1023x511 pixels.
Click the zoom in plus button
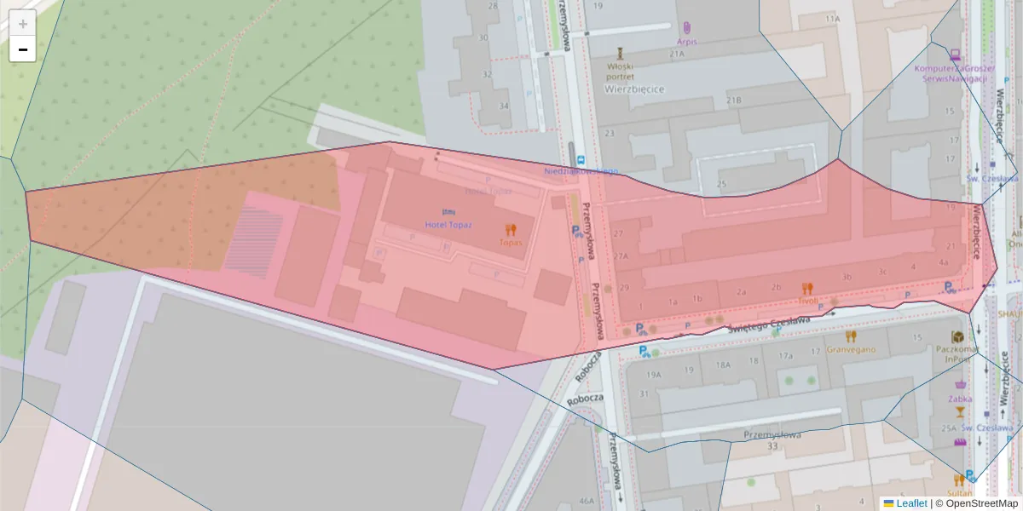(x=23, y=24)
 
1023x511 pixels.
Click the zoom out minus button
(x=23, y=49)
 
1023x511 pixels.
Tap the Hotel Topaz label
(x=448, y=225)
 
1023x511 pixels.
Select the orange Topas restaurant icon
(x=511, y=229)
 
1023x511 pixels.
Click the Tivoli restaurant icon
(x=807, y=289)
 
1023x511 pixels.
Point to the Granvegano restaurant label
(x=852, y=349)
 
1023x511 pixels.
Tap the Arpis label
(x=687, y=41)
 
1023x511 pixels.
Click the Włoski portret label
(x=621, y=71)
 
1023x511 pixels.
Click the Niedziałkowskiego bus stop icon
(x=581, y=159)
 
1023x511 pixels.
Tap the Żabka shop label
(x=959, y=398)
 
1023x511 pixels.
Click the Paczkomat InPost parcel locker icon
(x=958, y=336)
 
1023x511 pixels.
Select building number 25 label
(x=722, y=184)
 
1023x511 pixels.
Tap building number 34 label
(x=504, y=106)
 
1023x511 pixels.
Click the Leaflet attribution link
(x=911, y=503)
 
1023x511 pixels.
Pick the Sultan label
(x=959, y=493)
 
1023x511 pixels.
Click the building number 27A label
(x=621, y=255)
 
